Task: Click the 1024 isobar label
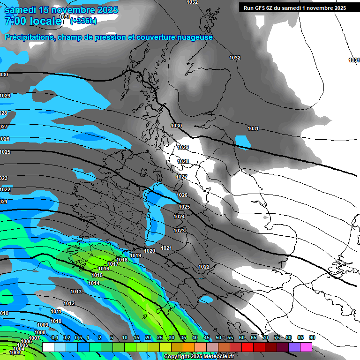179,217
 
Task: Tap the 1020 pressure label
150,251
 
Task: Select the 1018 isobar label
122,260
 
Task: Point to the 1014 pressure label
94,283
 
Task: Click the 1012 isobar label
69,303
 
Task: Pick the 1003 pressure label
15,352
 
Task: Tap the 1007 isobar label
34,338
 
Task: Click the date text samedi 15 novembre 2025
61,10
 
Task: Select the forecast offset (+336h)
84,21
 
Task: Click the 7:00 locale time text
33,21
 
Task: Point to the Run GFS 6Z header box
294,7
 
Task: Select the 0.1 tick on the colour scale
54,338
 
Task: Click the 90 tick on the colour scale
312,338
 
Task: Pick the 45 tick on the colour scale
207,338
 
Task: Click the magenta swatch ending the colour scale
306,347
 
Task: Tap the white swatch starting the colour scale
48,347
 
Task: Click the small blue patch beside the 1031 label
243,141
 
